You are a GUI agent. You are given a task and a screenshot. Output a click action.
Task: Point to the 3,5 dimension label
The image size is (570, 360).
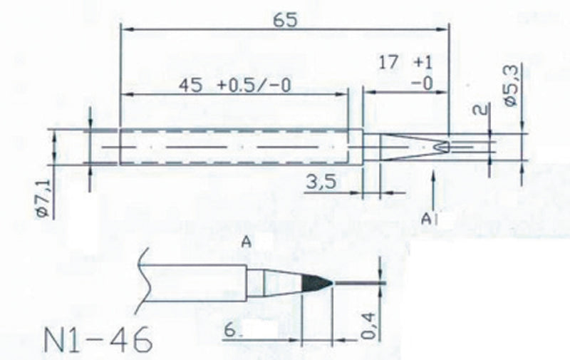click(x=320, y=185)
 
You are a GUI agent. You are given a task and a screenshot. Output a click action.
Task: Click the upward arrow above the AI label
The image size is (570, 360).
click(x=432, y=189)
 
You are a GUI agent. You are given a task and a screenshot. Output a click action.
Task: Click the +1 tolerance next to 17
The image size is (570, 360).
click(x=423, y=63)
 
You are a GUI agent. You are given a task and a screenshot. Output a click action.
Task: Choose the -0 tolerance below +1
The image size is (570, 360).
click(x=423, y=83)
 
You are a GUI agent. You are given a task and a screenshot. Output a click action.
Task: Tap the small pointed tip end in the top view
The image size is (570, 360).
click(x=442, y=146)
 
